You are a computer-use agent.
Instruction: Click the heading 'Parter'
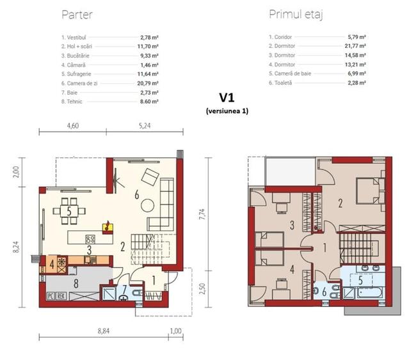[x=79, y=14]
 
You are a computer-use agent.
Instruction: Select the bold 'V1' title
[x=227, y=98]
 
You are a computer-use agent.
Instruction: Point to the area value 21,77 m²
[x=356, y=46]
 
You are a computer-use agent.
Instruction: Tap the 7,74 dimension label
[x=204, y=215]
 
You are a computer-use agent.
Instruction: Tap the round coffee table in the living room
[x=147, y=205]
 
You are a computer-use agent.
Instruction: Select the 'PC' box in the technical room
[x=50, y=296]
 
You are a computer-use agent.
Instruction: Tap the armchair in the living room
[x=151, y=175]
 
